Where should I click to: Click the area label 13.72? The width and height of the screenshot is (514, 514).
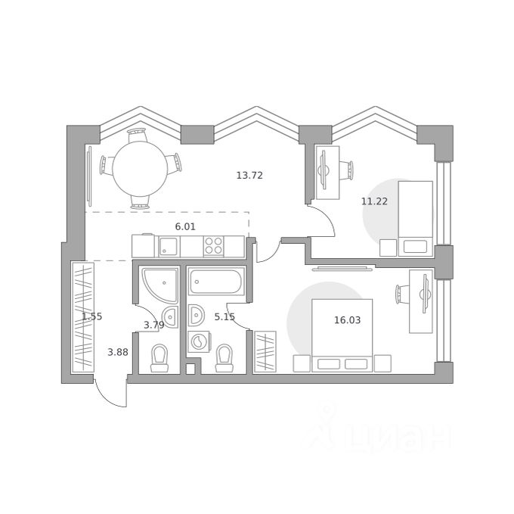(249, 176)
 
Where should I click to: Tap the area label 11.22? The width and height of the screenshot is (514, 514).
(374, 201)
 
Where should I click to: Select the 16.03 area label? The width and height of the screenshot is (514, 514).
(347, 319)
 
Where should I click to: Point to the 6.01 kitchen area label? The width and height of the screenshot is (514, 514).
(185, 226)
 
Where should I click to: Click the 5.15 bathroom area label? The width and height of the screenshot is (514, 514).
(224, 316)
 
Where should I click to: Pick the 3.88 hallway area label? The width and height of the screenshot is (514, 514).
(118, 352)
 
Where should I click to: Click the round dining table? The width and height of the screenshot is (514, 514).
(140, 168)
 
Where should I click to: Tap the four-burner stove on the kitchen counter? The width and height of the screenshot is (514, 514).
(213, 246)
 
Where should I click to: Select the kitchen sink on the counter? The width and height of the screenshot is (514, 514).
(169, 247)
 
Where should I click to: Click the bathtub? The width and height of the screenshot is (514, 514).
(216, 282)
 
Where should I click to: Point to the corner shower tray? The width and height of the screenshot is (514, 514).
(159, 285)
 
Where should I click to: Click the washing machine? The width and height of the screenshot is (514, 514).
(199, 341)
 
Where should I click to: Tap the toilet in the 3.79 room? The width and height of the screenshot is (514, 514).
(159, 358)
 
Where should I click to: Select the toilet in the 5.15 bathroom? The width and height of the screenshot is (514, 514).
(224, 358)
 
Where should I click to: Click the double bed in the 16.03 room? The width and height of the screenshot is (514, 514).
(342, 335)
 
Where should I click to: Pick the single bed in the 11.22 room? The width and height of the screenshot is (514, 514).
(415, 219)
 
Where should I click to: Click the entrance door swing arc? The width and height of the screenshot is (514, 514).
(107, 398)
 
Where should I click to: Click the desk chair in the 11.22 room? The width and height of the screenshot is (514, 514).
(346, 170)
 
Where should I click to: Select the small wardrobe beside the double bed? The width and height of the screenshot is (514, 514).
(265, 352)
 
